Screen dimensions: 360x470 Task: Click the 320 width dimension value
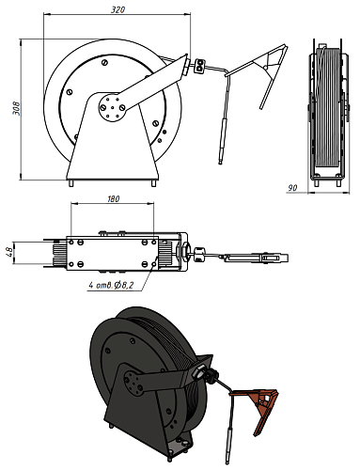click(117, 9)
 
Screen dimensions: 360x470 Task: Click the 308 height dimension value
click(16, 108)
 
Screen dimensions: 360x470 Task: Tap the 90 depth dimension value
click(292, 188)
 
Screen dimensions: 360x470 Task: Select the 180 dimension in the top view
click(113, 199)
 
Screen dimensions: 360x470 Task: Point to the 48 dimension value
click(9, 253)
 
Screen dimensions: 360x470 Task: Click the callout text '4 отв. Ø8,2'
click(112, 285)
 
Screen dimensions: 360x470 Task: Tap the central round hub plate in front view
click(112, 107)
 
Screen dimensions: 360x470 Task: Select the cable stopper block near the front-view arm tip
click(199, 66)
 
